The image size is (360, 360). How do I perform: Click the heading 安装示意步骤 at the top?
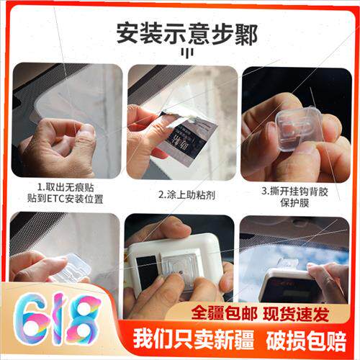pyautogui.click(x=179, y=33)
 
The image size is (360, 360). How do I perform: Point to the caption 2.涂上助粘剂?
pyautogui.click(x=182, y=193)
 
